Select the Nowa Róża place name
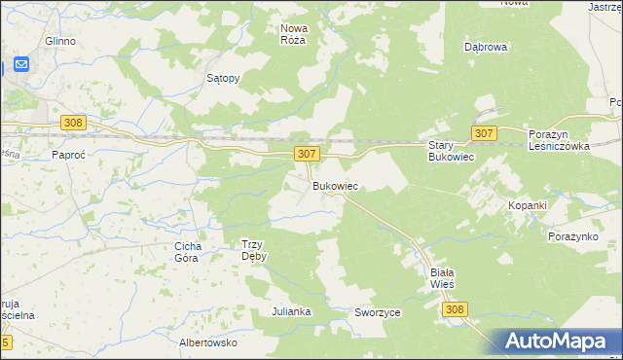(292, 34)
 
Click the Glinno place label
(60, 42)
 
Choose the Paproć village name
(71, 155)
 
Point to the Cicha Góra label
(187, 252)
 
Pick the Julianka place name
(291, 311)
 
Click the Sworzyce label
(378, 313)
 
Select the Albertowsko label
(209, 342)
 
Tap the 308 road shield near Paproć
(72, 123)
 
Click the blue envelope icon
(20, 65)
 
